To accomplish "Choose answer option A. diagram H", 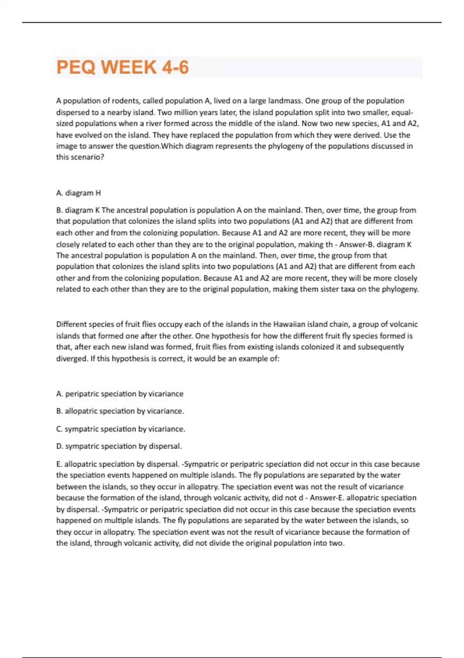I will pos(78,193).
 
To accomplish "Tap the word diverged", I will pos(72,358).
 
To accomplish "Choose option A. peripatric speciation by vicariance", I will pos(120,394).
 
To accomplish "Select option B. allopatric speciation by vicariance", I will pos(120,411).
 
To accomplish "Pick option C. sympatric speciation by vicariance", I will pos(121,429).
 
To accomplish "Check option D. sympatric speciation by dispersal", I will pos(119,446).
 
